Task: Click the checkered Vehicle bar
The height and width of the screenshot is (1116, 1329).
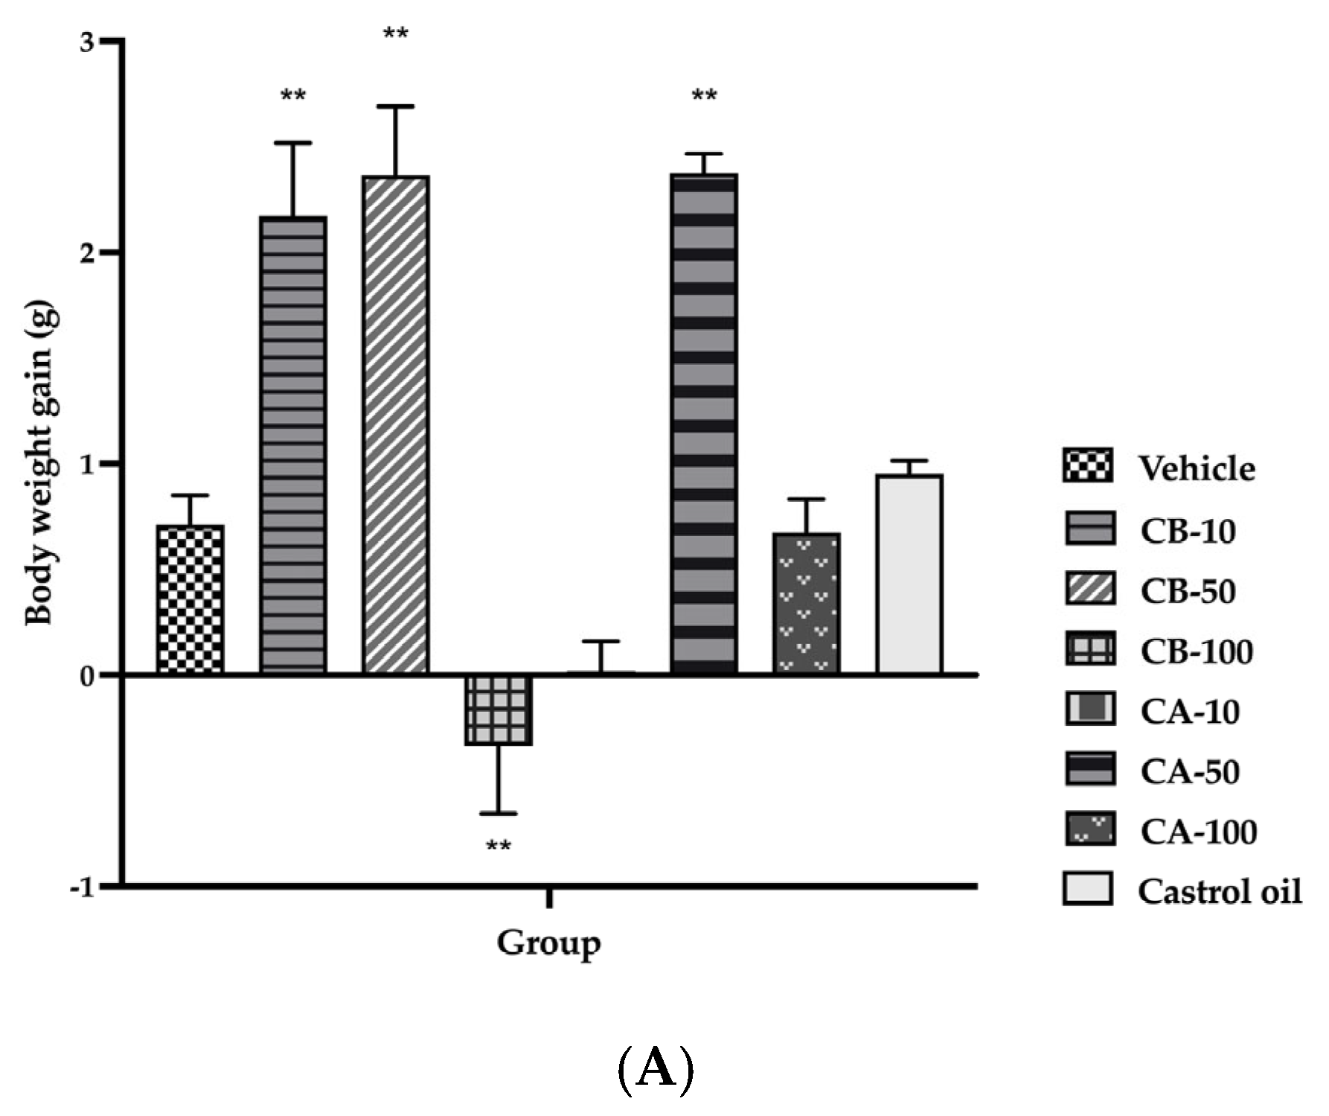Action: pos(190,599)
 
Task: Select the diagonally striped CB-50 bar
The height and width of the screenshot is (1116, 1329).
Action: pos(396,424)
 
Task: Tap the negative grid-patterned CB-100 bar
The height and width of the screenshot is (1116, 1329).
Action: pos(498,710)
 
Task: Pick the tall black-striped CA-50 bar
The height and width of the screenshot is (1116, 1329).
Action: pos(704,424)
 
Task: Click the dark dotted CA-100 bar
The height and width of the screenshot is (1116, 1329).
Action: pos(807,603)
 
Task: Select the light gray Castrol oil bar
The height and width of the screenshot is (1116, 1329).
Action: pos(909,574)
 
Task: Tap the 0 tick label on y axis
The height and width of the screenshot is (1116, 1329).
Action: pos(89,676)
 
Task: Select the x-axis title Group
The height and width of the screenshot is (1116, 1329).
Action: pos(548,943)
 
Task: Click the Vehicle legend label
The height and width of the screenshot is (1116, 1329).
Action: pos(1197,468)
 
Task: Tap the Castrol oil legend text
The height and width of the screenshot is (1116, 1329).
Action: pos(1220,890)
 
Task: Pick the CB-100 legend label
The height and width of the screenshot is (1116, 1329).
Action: pos(1197,651)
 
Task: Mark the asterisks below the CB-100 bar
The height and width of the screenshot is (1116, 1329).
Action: pos(498,847)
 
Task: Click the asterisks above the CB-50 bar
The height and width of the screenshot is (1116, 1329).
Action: pos(395,34)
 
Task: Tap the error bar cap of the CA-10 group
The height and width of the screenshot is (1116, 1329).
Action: pos(601,641)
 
